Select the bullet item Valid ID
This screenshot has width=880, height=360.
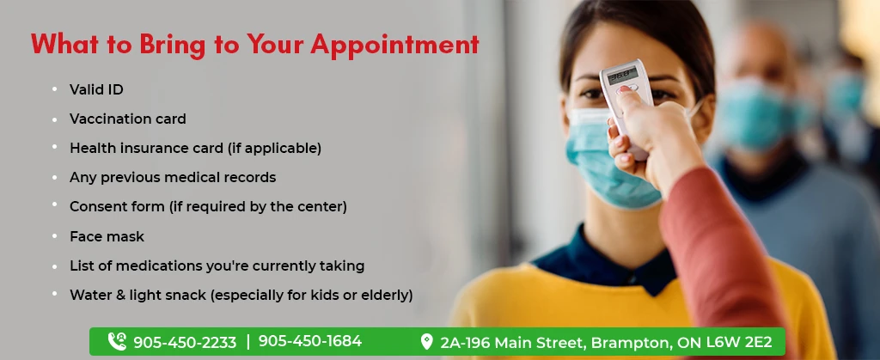click(x=96, y=89)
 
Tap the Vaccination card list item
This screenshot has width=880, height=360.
click(x=127, y=119)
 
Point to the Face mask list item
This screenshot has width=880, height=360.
click(x=107, y=236)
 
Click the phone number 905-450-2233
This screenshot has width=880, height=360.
click(x=184, y=342)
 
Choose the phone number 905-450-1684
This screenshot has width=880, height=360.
click(x=309, y=341)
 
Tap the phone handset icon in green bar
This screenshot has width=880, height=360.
click(x=117, y=342)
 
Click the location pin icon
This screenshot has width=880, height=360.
click(x=426, y=342)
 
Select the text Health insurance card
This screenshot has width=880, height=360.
click(x=146, y=148)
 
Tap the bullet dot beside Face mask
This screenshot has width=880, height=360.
click(x=55, y=235)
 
